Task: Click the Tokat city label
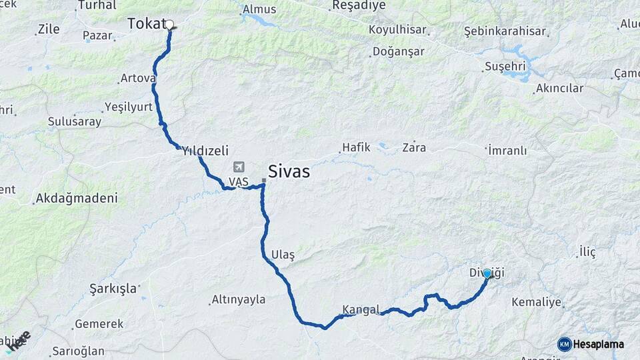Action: point(145,24)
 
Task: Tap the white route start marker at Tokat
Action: point(169,25)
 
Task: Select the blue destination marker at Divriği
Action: point(487,273)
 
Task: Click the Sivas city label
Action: point(289,171)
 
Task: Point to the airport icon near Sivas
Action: point(239,167)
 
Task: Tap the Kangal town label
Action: point(361,309)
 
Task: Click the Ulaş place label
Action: point(283,255)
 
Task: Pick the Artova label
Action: point(138,78)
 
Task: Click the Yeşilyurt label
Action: point(129,107)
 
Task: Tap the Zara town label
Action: point(414,147)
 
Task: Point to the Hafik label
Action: point(355,147)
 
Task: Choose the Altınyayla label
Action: point(238,299)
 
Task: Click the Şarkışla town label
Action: point(113,288)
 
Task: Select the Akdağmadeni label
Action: point(77,198)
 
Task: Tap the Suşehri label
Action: point(505,66)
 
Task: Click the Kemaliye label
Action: point(536,302)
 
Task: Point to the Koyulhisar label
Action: point(397,30)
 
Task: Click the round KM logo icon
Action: point(565,344)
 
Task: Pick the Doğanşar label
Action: point(399,51)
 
